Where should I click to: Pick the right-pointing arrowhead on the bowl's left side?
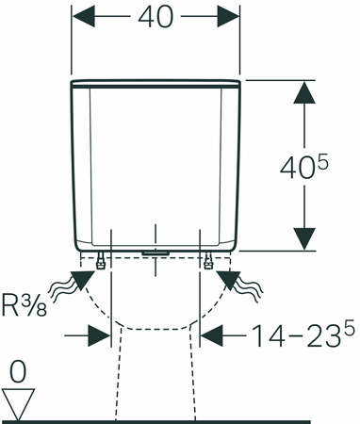99,334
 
